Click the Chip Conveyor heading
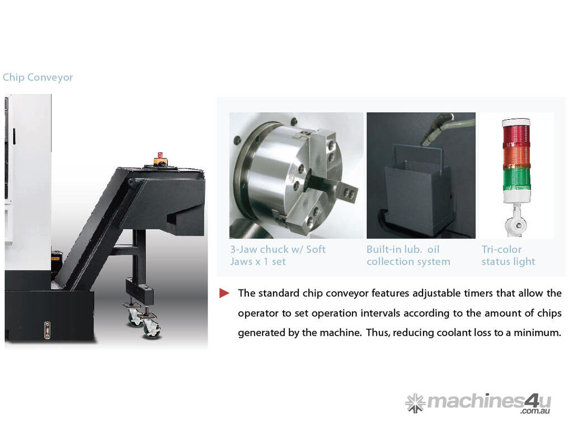37,77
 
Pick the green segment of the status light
516,179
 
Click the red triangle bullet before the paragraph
224,293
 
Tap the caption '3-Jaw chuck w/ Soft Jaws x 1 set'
278,255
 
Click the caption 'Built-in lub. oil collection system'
408,255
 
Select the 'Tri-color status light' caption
508,255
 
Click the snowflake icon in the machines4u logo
415,403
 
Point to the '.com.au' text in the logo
536,412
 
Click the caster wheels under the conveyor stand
144,322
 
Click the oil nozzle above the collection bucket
436,129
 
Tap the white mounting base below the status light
516,219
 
